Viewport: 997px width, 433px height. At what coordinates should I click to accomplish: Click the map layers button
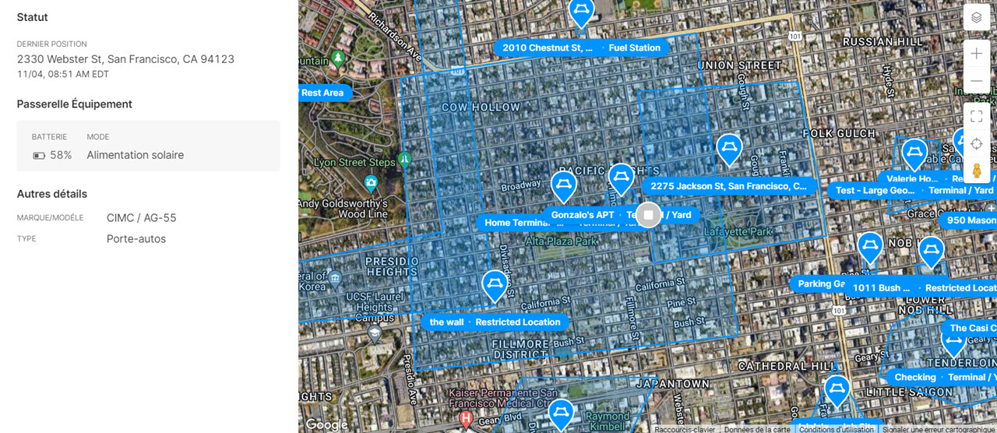pos(976,17)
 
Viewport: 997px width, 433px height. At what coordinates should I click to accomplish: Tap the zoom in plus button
pos(976,54)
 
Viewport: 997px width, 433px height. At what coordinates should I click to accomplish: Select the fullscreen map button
pos(976,117)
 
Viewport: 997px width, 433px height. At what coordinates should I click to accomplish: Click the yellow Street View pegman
pos(976,171)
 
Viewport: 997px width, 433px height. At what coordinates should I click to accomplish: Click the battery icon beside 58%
pos(39,156)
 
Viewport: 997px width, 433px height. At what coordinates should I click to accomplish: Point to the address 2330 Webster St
pos(125,59)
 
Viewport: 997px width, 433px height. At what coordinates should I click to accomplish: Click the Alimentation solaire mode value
pos(135,155)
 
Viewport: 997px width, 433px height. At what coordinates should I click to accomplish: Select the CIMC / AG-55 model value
pos(141,218)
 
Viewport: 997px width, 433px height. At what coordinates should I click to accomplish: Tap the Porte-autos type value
pos(136,239)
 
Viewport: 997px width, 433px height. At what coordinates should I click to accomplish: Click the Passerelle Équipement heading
pos(75,104)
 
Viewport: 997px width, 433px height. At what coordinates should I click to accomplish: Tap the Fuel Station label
pos(634,48)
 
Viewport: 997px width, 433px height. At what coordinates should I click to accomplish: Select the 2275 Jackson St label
pos(728,187)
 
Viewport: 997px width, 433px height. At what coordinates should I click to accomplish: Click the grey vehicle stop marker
pos(648,214)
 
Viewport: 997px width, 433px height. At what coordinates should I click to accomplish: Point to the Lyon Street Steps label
pos(354,163)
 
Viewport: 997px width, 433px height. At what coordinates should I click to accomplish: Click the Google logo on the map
pos(326,424)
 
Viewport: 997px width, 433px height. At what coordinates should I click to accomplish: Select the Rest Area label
pos(322,93)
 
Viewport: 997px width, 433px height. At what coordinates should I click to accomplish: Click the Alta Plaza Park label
pos(561,242)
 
